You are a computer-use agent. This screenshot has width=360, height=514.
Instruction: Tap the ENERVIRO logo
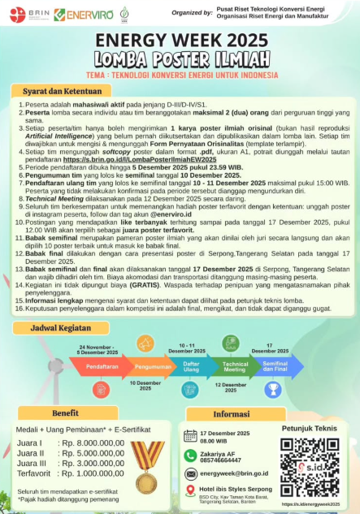[x=84, y=14]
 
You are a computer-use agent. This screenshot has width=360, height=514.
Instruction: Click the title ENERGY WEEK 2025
[x=180, y=40]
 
